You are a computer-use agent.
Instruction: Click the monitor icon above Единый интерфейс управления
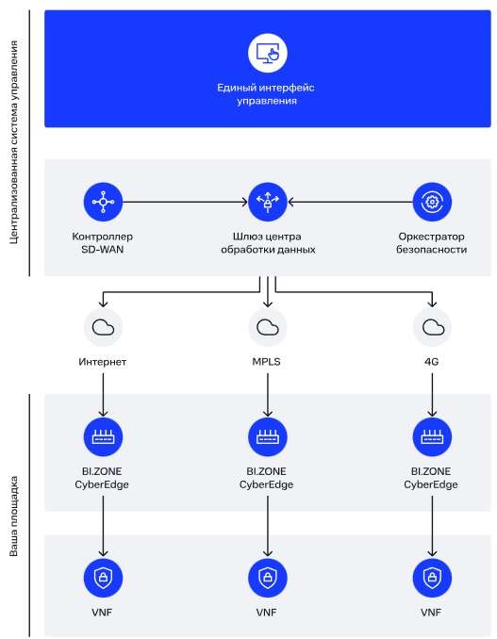tap(268, 53)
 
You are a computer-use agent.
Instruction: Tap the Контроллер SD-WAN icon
tap(103, 202)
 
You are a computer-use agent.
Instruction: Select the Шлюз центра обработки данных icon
tap(268, 202)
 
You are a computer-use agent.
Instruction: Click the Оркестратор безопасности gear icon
tap(432, 202)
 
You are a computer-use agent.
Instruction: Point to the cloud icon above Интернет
tap(103, 327)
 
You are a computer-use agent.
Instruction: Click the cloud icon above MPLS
tap(268, 327)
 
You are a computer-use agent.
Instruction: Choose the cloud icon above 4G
tap(432, 327)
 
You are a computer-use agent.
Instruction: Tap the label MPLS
tap(266, 362)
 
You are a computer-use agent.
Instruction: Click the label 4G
tap(431, 362)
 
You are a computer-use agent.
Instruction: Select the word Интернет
tap(103, 362)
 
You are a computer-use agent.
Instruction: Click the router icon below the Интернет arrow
tap(103, 437)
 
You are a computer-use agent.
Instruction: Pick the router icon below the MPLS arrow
tap(268, 437)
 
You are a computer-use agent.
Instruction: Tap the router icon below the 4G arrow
tap(432, 437)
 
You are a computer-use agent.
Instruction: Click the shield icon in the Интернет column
tap(103, 578)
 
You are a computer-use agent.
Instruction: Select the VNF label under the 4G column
tap(431, 612)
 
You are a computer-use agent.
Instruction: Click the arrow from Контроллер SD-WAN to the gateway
tap(185, 202)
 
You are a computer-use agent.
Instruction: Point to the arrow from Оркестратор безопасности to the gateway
tap(350, 202)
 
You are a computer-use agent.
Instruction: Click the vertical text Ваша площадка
tap(14, 516)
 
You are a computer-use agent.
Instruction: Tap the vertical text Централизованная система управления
tap(14, 142)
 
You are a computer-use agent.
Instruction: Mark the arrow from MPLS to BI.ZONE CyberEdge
tap(268, 395)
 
